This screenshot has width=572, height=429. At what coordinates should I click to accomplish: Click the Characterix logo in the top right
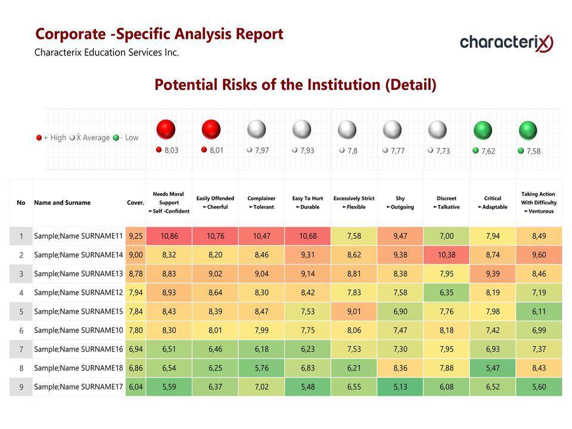coord(506,42)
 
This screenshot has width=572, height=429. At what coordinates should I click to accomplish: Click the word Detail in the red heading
coord(411,85)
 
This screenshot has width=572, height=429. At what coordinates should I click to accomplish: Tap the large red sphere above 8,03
coord(166,129)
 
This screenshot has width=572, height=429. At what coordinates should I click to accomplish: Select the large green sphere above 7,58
coord(528,130)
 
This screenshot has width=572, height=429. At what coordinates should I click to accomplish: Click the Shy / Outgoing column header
coord(400,203)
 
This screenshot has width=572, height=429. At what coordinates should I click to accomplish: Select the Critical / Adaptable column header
coord(493,203)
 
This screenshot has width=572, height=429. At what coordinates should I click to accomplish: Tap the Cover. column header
coord(135,203)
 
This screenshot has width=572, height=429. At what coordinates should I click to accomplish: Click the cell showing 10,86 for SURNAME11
coord(169,236)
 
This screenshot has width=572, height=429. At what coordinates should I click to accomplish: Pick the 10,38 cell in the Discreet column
coord(446,255)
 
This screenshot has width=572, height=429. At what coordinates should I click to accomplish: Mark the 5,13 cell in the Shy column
coord(400,387)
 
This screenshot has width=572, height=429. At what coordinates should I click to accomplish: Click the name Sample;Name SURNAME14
coord(78,255)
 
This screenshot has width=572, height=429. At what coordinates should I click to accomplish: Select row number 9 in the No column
coord(21,387)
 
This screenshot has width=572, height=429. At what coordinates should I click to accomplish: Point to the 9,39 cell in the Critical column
coord(493,273)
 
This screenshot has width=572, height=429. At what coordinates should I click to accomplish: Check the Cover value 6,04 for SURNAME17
coord(135,387)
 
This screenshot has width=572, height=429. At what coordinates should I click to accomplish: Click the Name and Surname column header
coord(62,203)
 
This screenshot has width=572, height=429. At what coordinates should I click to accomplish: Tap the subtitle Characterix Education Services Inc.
coord(107,52)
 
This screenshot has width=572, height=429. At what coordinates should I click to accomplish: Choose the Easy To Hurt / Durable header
coord(307,203)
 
